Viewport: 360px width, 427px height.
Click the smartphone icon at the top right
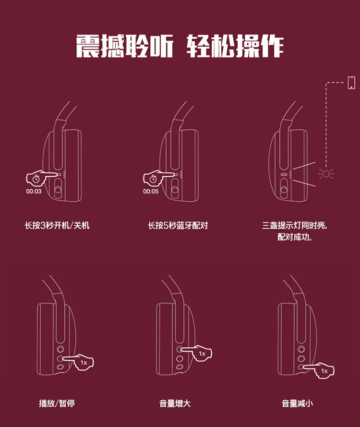(x=352, y=82)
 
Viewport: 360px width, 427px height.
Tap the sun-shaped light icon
(x=326, y=174)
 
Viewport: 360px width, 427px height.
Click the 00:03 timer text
(x=34, y=191)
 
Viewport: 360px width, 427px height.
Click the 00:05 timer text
(x=150, y=191)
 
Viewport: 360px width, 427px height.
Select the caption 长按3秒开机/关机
(x=57, y=225)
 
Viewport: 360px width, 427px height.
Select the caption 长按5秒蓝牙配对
(x=178, y=225)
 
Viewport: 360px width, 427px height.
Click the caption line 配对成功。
(x=295, y=237)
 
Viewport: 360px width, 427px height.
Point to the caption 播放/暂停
(x=57, y=403)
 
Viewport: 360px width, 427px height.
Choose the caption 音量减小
(x=297, y=403)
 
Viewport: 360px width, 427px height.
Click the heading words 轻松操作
(x=235, y=47)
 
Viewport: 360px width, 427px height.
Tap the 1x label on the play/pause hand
(x=84, y=363)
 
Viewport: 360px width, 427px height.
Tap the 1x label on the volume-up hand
(x=202, y=354)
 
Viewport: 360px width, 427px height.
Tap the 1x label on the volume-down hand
(x=324, y=371)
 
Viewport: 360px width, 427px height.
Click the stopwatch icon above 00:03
(x=36, y=179)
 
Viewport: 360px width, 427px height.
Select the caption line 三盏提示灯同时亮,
(x=297, y=225)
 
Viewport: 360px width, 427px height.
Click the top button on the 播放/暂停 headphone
(x=60, y=349)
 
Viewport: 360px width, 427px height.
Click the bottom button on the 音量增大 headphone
(x=179, y=367)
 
